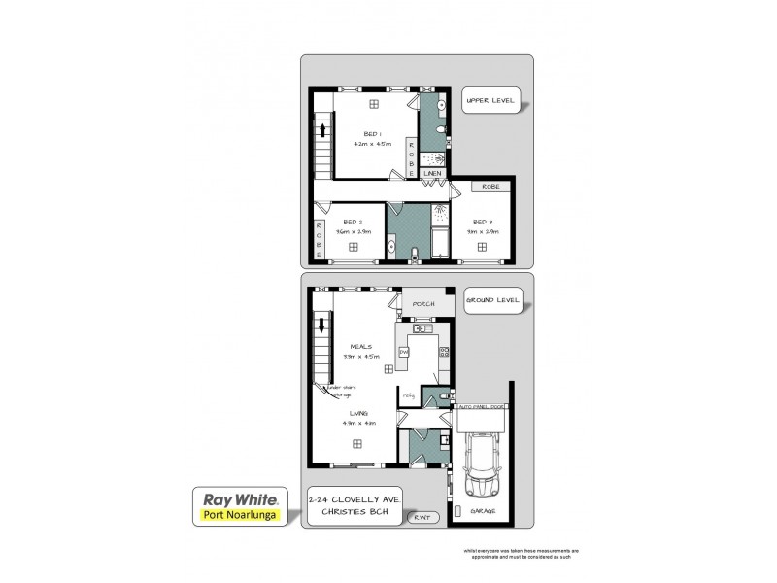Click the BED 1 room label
(x=371, y=134)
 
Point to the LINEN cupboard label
(x=433, y=173)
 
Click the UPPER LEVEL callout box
(x=490, y=100)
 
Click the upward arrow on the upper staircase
(x=320, y=130)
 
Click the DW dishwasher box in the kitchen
(x=403, y=351)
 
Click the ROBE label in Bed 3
(x=488, y=184)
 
